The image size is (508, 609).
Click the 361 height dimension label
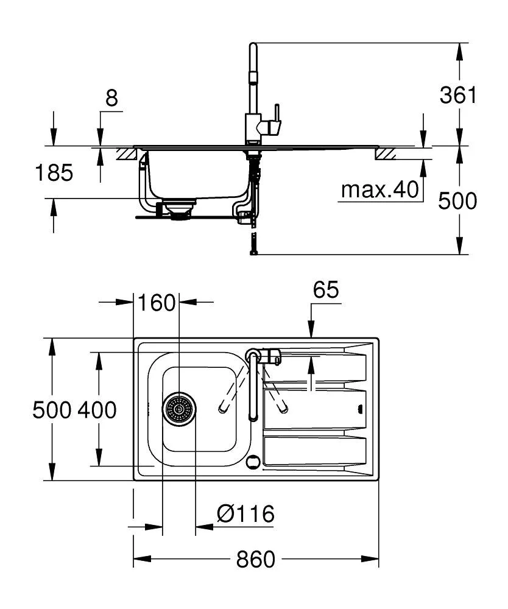coord(458,95)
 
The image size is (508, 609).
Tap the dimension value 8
coord(111,98)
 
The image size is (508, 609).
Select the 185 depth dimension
coord(53,173)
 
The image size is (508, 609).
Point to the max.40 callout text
coord(380,190)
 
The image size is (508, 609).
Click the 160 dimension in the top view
coord(157,303)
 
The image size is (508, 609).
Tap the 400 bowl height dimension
coord(97,410)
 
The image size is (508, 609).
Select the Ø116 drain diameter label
coord(245,515)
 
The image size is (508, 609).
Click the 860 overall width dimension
coord(256,559)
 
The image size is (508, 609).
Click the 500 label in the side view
coord(458,200)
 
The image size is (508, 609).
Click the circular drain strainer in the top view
coord(179,409)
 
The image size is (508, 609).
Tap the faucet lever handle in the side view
coord(277,115)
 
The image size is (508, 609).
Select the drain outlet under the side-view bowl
coord(179,211)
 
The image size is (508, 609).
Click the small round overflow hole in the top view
coord(252,461)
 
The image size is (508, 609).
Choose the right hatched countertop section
coord(386,154)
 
